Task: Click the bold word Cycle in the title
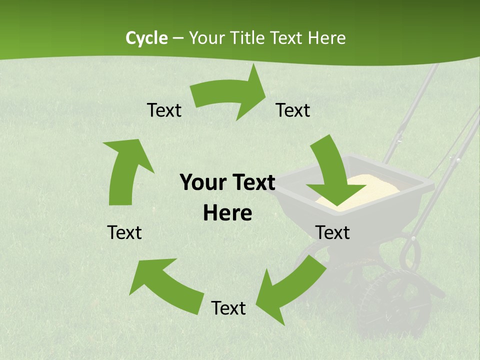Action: click(x=146, y=38)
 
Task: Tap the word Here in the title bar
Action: click(x=327, y=38)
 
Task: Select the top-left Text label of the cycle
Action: click(x=164, y=110)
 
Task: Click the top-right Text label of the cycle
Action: click(x=293, y=110)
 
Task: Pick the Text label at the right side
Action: click(x=332, y=232)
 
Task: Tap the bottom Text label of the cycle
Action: click(x=228, y=308)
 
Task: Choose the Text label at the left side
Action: click(x=124, y=232)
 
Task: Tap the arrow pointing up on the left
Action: click(x=125, y=170)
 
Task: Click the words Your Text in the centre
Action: click(x=227, y=183)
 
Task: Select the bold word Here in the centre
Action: click(x=227, y=213)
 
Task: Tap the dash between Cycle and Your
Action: click(x=178, y=38)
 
